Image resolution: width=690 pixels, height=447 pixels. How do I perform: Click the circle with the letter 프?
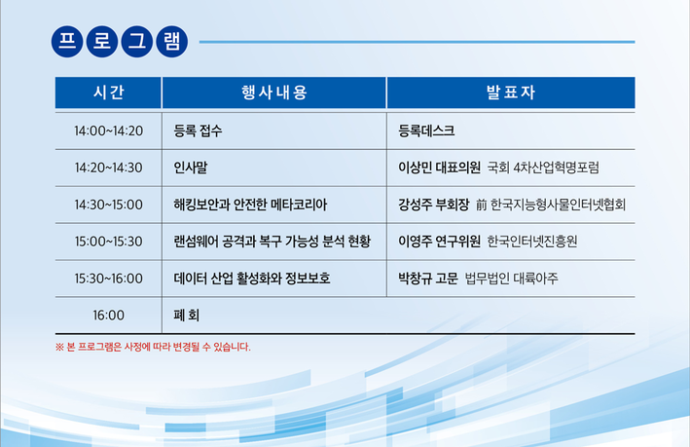(67, 42)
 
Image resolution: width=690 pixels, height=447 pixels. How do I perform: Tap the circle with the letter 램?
(172, 42)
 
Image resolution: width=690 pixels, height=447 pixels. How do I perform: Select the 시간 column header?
(108, 93)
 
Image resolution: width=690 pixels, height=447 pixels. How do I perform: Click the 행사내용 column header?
(274, 93)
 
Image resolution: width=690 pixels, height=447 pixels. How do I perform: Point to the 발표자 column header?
(511, 93)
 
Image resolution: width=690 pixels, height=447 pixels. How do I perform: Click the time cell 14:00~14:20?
(108, 130)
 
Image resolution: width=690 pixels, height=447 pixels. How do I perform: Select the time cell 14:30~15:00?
(108, 205)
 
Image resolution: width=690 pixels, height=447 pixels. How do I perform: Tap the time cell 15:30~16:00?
(108, 279)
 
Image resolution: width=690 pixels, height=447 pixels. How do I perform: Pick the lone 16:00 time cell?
(108, 316)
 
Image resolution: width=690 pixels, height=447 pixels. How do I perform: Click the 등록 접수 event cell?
(198, 130)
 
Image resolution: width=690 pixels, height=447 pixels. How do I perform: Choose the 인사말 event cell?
(191, 168)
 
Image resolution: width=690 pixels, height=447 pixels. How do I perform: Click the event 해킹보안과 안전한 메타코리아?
(250, 205)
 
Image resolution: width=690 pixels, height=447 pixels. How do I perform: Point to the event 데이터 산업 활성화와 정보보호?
(252, 279)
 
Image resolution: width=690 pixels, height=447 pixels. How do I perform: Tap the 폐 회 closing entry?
(187, 316)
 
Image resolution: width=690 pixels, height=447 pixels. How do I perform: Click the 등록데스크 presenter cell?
(426, 130)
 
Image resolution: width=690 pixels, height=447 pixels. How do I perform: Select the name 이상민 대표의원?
(439, 168)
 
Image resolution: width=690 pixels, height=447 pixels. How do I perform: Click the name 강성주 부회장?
(434, 205)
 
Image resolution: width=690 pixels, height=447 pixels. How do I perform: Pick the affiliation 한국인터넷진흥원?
(532, 242)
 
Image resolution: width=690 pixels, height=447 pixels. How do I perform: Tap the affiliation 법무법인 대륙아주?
(511, 279)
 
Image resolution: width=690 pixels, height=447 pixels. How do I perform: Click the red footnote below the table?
(153, 347)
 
